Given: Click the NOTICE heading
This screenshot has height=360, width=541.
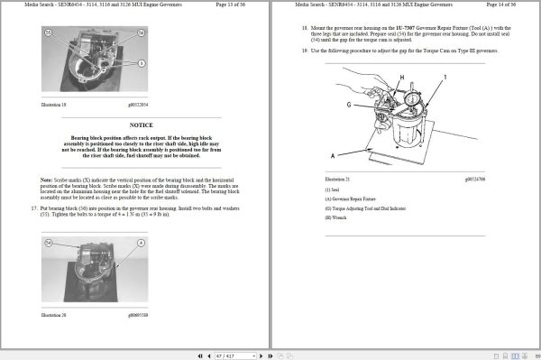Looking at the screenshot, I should (x=141, y=125).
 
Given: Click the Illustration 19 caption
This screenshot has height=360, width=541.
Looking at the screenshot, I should (x=56, y=105).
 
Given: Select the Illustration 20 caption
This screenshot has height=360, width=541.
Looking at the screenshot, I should (x=56, y=315).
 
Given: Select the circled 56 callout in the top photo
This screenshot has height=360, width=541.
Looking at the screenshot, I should (x=142, y=32).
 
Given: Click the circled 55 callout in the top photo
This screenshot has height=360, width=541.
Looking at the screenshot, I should (x=49, y=32).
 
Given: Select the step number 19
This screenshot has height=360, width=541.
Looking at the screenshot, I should (x=304, y=50).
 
